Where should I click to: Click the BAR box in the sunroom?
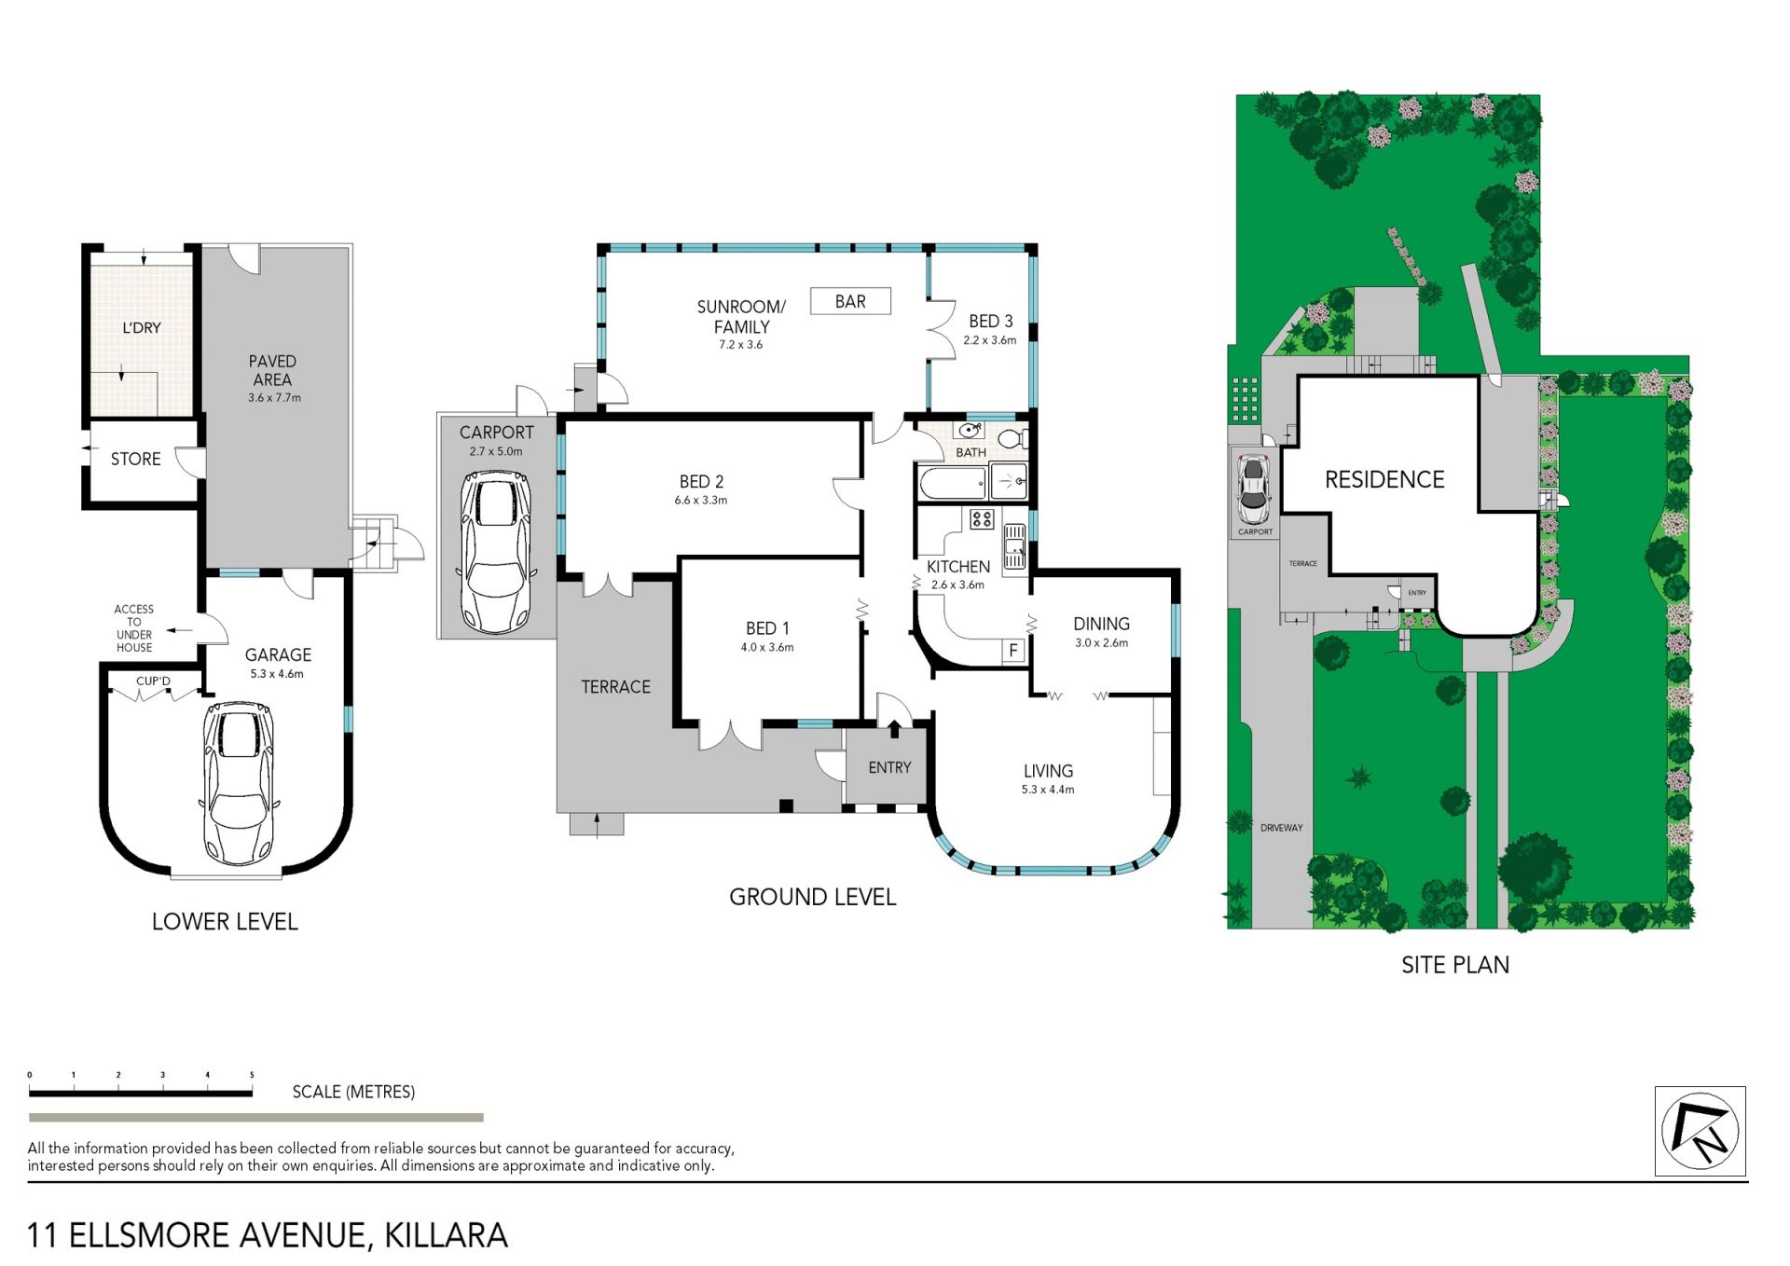(x=850, y=301)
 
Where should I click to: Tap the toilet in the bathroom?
(x=1012, y=437)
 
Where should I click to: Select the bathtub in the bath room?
(x=953, y=483)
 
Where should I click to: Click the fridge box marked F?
(x=1013, y=650)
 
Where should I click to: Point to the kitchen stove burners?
(x=982, y=518)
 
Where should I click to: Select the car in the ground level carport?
(x=498, y=552)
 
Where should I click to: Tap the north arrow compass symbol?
(x=1700, y=1131)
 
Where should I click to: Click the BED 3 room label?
(x=990, y=321)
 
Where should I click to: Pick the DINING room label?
(x=1101, y=624)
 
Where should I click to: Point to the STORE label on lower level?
(x=136, y=459)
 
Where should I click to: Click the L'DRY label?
(x=142, y=327)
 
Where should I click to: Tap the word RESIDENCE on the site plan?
(x=1384, y=479)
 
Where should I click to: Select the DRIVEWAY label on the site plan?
(x=1281, y=828)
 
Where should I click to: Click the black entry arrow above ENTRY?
(x=894, y=728)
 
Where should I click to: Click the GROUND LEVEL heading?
(x=812, y=897)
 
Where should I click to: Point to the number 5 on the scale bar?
(x=252, y=1075)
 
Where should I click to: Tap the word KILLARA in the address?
(x=447, y=1235)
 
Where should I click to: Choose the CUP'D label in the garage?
(x=154, y=681)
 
